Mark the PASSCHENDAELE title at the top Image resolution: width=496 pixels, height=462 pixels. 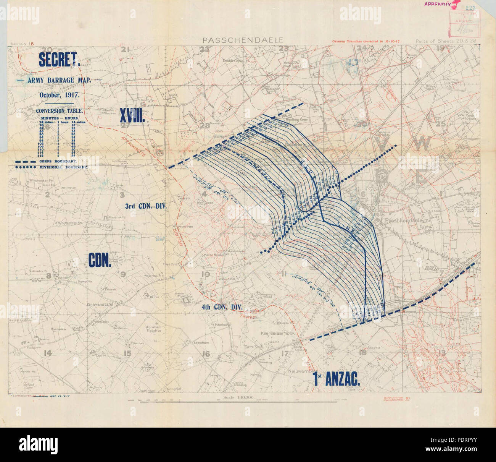[x=243, y=40]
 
